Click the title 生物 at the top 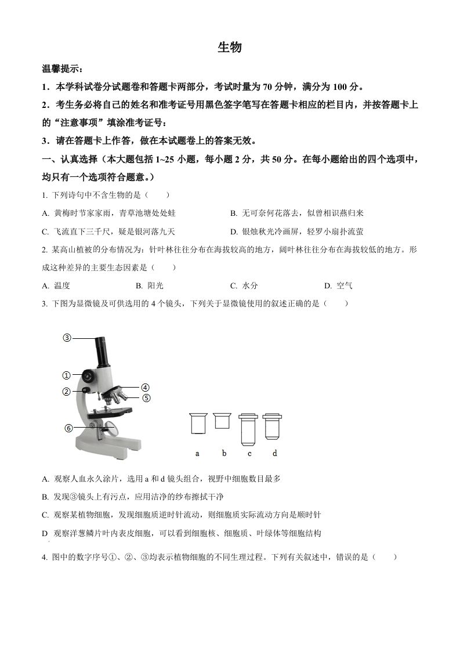tap(229, 48)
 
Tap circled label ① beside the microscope tap(67, 375)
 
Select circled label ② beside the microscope tap(67, 392)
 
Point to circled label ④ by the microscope tap(146, 388)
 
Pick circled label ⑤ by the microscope tap(146, 398)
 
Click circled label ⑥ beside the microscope tap(68, 428)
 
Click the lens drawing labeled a tap(198, 423)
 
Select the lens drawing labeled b tap(222, 421)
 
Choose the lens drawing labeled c tap(249, 428)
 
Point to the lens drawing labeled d tap(272, 426)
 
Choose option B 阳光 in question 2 tap(150, 285)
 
